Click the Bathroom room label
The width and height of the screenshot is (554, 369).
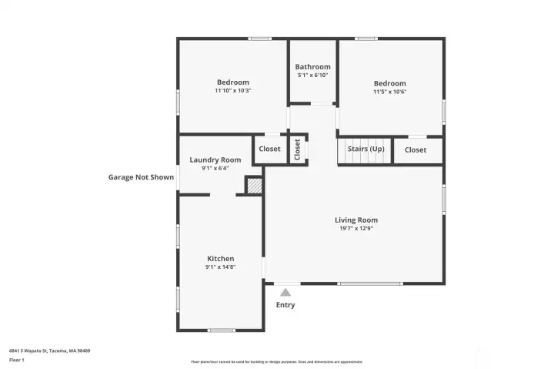pos(313,67)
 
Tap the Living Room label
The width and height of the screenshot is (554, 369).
pos(356,220)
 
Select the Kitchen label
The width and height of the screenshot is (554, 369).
pos(220,258)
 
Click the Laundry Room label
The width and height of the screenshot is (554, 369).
pos(215,159)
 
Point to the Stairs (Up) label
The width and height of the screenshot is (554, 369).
pos(365,149)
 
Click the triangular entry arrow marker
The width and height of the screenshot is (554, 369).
pos(285,292)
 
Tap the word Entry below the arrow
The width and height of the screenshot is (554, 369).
pos(285,305)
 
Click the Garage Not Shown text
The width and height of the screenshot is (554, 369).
pos(140,177)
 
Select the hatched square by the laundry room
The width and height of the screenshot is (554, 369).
pos(254,186)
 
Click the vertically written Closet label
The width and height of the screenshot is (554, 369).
pos(298,149)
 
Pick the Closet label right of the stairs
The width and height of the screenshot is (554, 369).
pos(415,150)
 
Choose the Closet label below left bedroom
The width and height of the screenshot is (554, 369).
pos(269,149)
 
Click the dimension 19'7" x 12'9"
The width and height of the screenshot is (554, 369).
pos(356,229)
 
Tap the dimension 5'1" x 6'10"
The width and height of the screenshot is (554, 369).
pos(313,75)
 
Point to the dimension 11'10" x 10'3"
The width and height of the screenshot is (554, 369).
pos(232,91)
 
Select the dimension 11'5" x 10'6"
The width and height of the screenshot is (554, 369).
pos(389,92)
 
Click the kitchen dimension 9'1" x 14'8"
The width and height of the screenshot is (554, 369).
pos(220,267)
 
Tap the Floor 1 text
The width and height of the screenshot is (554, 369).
pos(16,360)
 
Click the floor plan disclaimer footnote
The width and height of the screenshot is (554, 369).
pos(277,361)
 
